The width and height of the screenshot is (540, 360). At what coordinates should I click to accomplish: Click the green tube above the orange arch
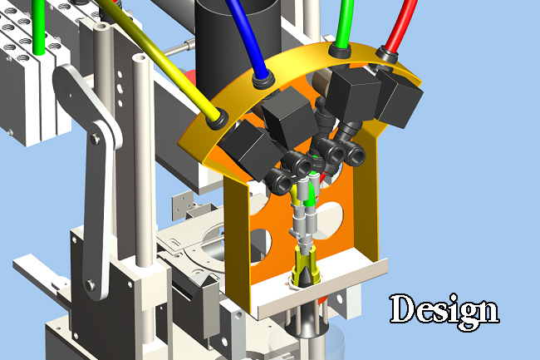coord(345,22)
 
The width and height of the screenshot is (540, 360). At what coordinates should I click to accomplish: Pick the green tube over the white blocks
coord(39,27)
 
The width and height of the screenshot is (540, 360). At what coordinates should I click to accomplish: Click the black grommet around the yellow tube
coord(218,119)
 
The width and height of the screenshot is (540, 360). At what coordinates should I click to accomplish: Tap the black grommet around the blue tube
coord(263,81)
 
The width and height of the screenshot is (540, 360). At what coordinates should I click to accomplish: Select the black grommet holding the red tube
coord(387,54)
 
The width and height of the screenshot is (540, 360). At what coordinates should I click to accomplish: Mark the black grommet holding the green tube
coord(340,51)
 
